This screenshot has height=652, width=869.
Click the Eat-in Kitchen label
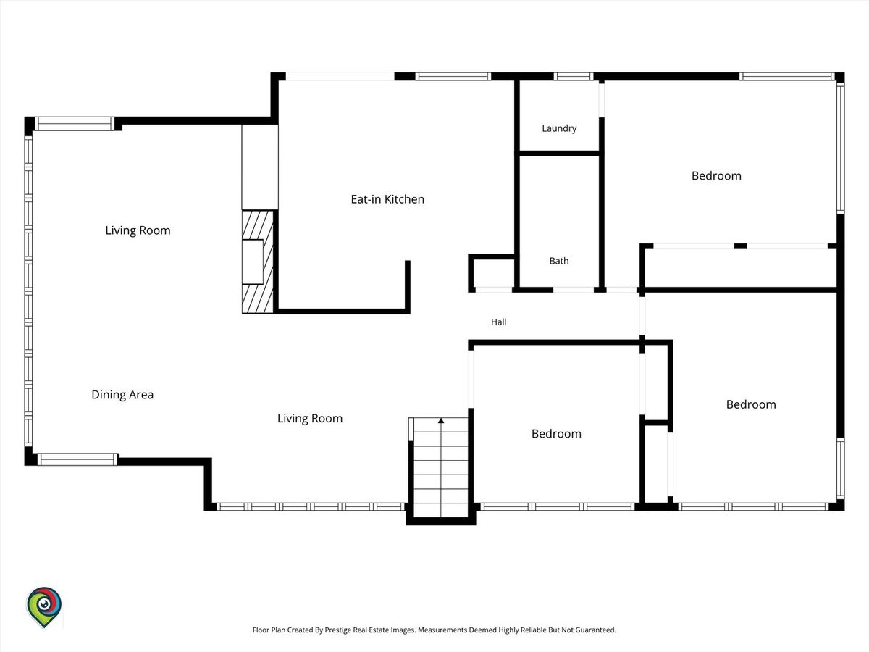(x=387, y=199)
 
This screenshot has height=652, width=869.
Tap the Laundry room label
(x=559, y=128)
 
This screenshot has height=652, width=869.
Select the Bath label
(x=559, y=261)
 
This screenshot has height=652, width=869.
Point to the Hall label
(x=498, y=322)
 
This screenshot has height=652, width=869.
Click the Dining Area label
(x=122, y=394)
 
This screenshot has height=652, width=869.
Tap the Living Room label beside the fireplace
(x=138, y=230)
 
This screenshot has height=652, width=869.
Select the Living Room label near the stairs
(x=310, y=419)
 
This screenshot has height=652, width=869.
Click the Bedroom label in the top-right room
(x=716, y=176)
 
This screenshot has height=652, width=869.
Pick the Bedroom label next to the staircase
(x=556, y=434)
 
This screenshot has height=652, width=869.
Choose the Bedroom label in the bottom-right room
(x=751, y=404)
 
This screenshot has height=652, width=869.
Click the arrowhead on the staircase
(x=440, y=420)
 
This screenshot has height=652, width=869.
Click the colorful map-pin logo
(x=44, y=607)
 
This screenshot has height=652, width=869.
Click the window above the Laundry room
(x=574, y=76)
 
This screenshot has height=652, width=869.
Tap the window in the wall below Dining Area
(x=77, y=459)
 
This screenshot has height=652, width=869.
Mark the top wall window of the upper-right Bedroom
(x=787, y=76)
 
